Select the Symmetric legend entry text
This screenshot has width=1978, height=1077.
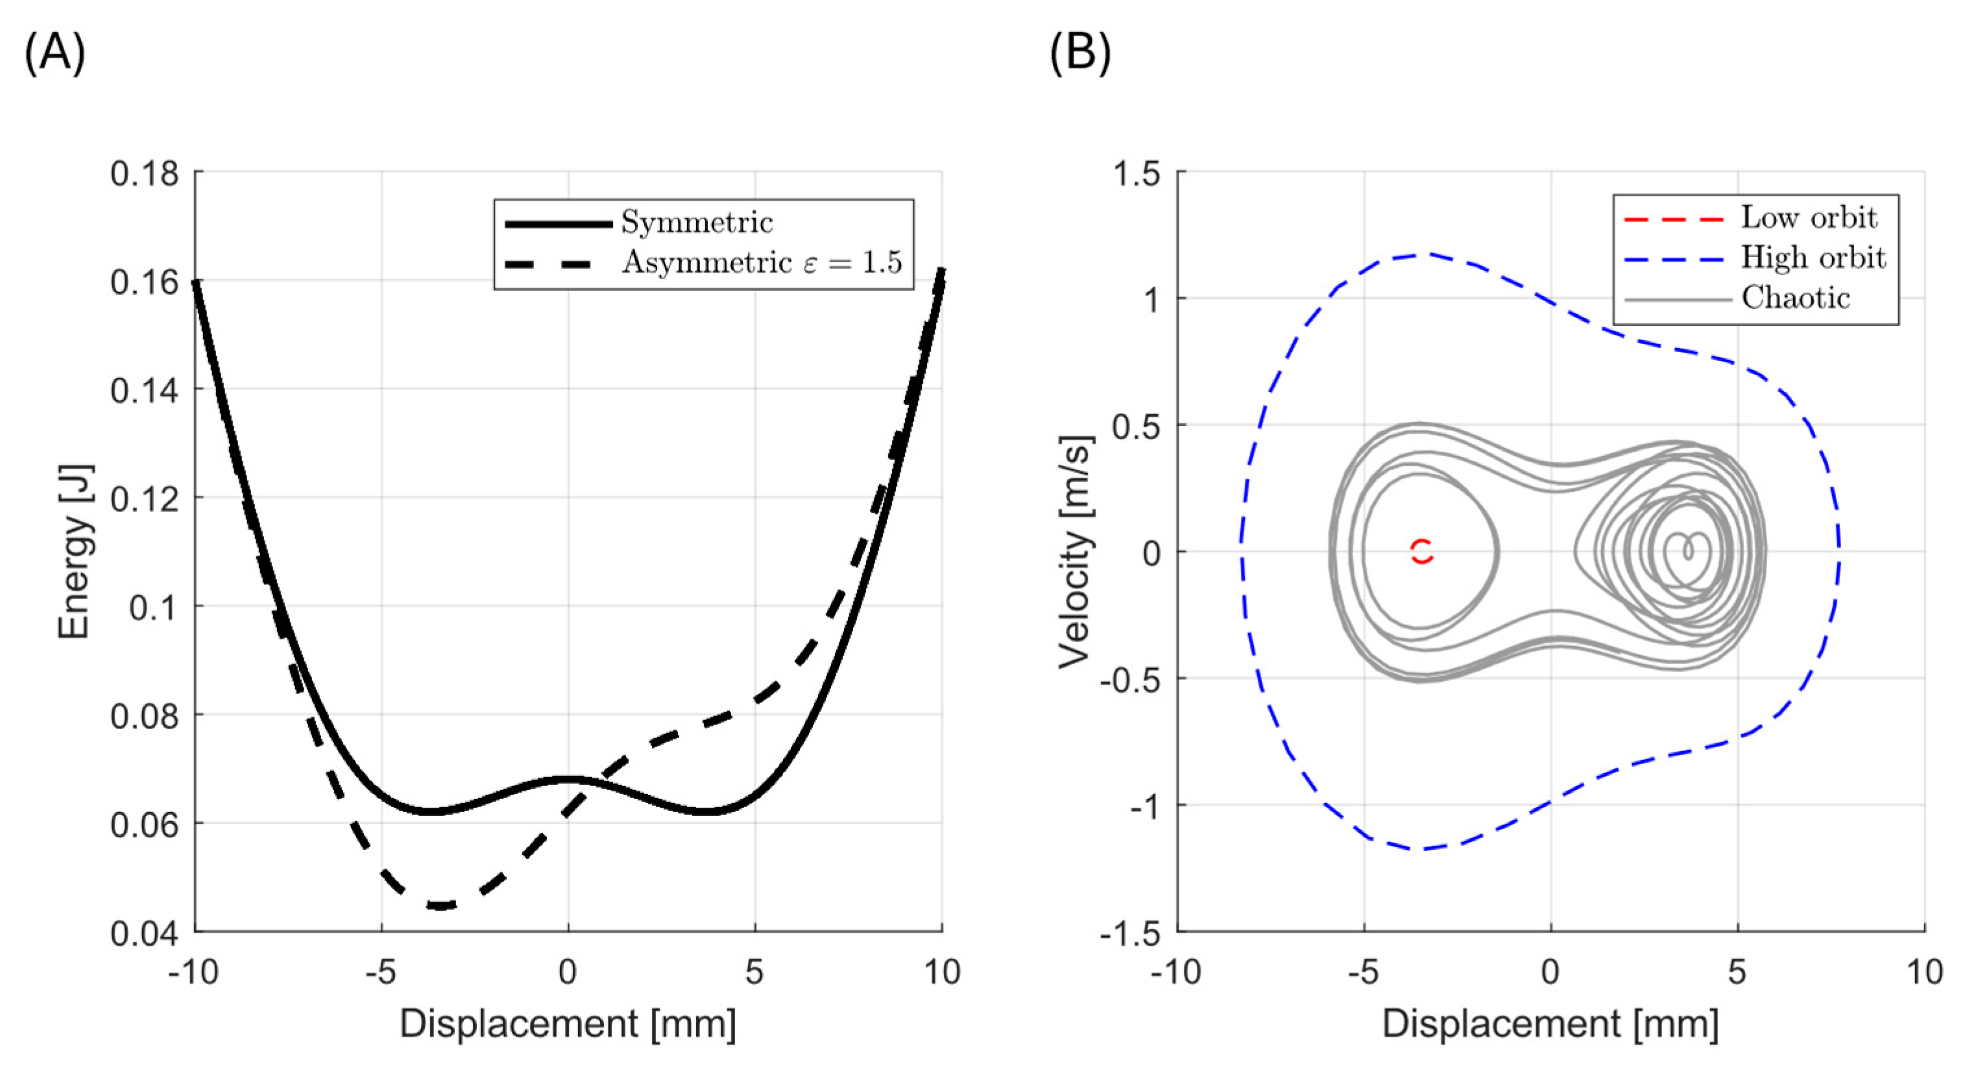click(x=697, y=223)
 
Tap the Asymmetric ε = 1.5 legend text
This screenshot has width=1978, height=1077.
click(x=761, y=263)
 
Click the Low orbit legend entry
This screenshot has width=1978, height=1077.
click(x=1808, y=218)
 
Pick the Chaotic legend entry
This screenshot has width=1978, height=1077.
click(x=1795, y=298)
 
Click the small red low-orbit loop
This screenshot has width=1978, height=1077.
click(x=1422, y=551)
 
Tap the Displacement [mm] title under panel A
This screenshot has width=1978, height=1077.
click(x=568, y=1024)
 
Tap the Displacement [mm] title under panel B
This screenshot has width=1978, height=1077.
click(x=1550, y=1024)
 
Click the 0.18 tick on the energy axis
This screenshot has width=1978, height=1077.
click(x=145, y=173)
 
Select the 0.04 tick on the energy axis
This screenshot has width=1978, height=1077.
click(x=145, y=934)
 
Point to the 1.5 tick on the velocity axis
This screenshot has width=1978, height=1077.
click(x=1137, y=173)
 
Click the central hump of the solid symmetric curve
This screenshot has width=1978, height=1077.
click(x=568, y=780)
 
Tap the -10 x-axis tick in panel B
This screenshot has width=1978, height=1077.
click(x=1175, y=972)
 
